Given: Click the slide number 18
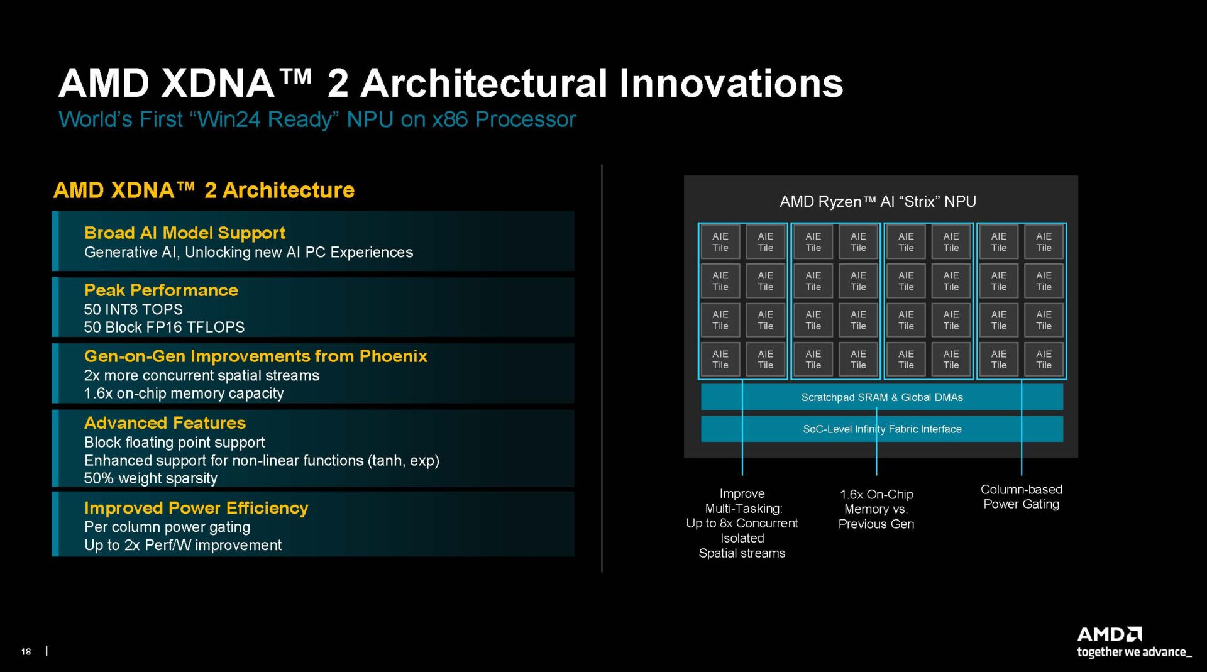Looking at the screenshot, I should point(26,651).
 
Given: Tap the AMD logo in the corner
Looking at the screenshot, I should point(1110,634).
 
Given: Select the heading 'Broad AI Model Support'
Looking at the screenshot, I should point(185,233).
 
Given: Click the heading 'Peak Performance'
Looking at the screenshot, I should point(161,290).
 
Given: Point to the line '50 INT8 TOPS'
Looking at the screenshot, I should point(133,309).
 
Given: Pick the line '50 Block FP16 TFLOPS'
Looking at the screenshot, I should point(164,328).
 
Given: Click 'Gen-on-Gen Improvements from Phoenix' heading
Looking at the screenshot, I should point(255,356).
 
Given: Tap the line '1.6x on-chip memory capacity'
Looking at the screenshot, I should point(184,394).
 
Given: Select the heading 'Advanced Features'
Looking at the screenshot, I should point(165,423).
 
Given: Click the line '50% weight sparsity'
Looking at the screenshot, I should point(151,478).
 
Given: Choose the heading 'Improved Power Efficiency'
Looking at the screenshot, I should point(196,508).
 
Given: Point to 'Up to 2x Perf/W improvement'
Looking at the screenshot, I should point(183,545).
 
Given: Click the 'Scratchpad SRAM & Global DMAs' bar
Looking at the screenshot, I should point(881,397).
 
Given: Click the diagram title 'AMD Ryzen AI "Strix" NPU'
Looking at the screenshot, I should point(878,202).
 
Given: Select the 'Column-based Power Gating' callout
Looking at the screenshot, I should point(1021,497).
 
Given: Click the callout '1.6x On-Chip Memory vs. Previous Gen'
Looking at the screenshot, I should point(876,509).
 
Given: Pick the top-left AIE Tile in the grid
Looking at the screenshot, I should point(720,242).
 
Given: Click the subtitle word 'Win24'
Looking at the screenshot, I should point(229,119).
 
